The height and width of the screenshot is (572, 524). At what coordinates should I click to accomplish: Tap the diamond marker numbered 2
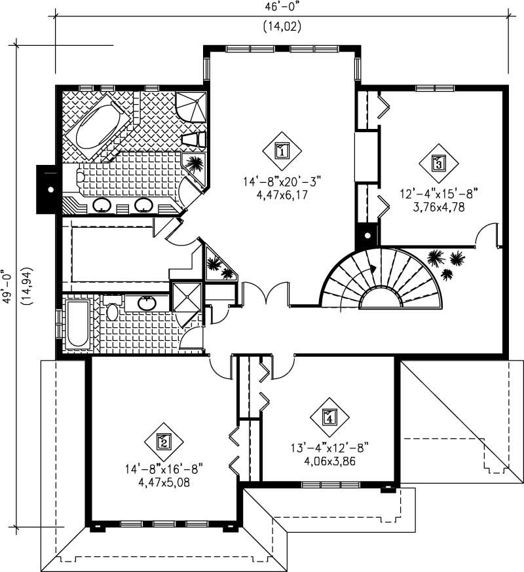tap(163, 443)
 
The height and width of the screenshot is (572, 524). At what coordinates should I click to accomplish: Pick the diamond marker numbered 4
tap(329, 417)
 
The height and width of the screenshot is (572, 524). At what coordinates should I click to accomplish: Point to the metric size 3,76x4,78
tap(439, 206)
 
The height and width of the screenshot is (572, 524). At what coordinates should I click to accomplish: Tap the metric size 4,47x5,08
tap(164, 482)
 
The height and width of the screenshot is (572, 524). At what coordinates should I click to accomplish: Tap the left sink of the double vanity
tap(102, 205)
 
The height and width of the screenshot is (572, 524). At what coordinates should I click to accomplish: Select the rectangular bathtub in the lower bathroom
tap(77, 324)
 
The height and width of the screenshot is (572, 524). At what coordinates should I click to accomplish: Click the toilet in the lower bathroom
tap(112, 308)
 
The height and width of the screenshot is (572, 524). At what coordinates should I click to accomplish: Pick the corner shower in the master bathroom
tap(192, 106)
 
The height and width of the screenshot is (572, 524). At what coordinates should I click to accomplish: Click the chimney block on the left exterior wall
tap(48, 188)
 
